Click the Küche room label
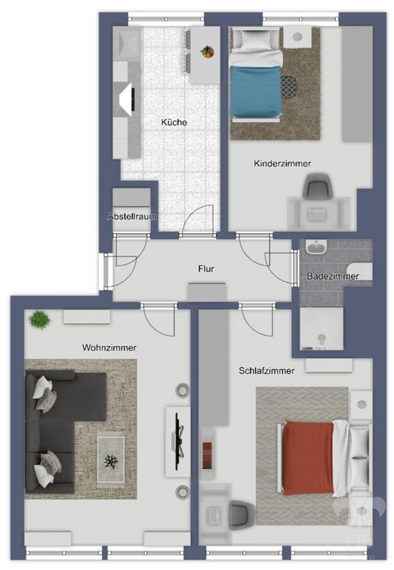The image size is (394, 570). (x=174, y=122)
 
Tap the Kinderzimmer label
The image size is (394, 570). (x=282, y=164)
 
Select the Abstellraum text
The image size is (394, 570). (x=132, y=216)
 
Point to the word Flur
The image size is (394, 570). (x=206, y=268)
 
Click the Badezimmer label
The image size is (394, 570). (x=333, y=276)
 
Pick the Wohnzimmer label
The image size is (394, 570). (x=109, y=348)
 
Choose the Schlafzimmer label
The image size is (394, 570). (x=266, y=371)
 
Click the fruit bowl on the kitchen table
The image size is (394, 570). (x=207, y=51)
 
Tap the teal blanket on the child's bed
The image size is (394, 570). (x=256, y=91)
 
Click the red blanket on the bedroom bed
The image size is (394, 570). (x=308, y=458)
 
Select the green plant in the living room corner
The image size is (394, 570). (x=39, y=320)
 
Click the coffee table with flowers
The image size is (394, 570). (x=111, y=461)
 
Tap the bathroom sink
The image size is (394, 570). (x=316, y=247)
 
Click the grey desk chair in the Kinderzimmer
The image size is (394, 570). (x=318, y=186)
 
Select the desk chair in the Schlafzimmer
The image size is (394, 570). (x=242, y=513)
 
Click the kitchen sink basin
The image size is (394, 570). (x=127, y=44)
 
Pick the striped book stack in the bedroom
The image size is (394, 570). (x=208, y=455)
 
